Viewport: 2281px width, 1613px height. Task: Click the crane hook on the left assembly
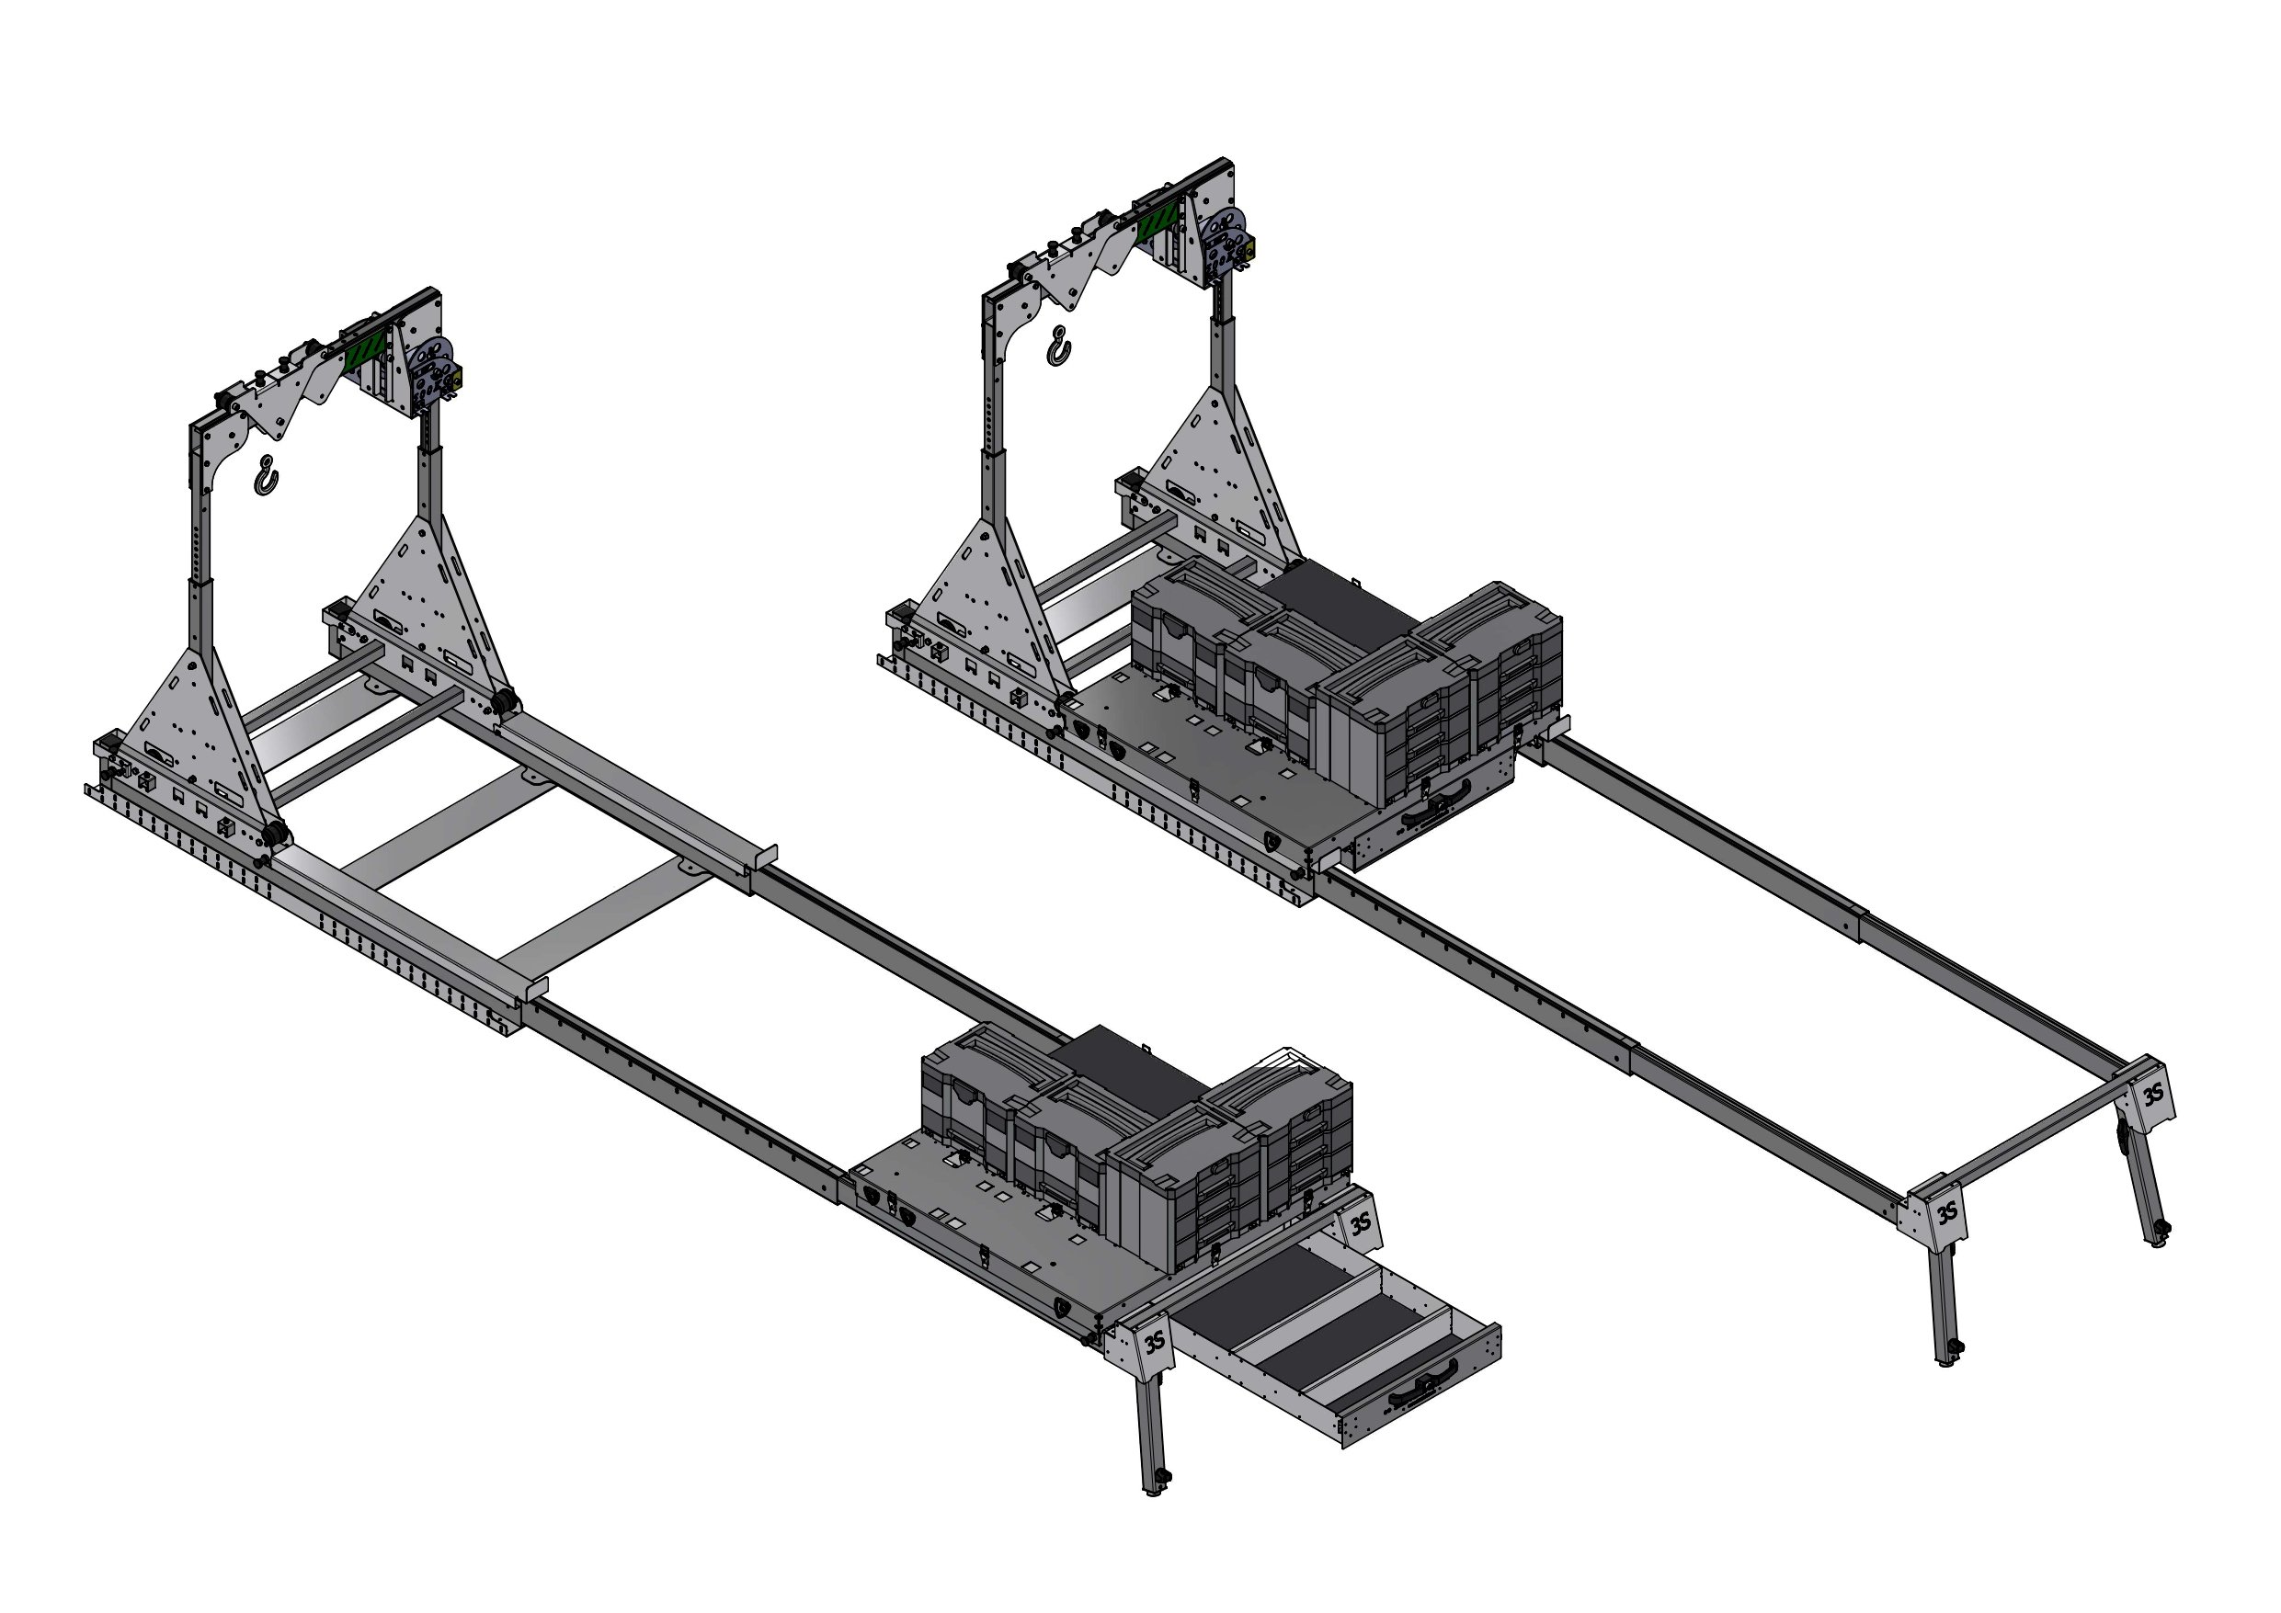pos(266,477)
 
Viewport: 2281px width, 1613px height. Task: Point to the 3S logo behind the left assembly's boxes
pos(1359,1222)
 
